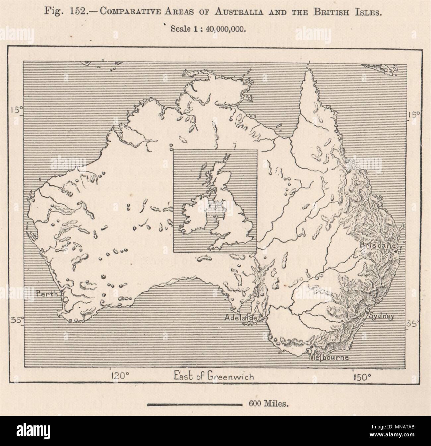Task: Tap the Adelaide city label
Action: click(x=241, y=317)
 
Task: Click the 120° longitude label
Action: click(x=120, y=376)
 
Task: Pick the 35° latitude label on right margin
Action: click(x=415, y=323)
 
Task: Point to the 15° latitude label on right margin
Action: click(x=414, y=114)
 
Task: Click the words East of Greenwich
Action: click(x=214, y=376)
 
